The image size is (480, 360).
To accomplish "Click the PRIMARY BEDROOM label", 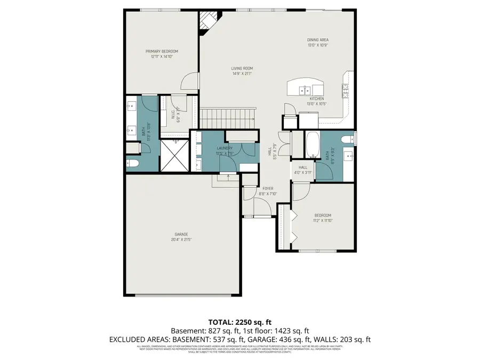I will coord(162,51).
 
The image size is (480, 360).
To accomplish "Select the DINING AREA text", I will coord(317,40).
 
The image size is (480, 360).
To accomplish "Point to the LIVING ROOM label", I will coord(242,68).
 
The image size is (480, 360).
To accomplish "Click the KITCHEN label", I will coord(317,99).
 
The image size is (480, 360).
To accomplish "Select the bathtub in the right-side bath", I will coord(311,145).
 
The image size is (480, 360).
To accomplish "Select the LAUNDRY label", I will coord(224,148).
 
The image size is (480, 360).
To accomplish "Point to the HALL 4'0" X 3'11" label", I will coord(302,170).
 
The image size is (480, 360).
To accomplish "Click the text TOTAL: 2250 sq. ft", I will coord(239,322).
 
